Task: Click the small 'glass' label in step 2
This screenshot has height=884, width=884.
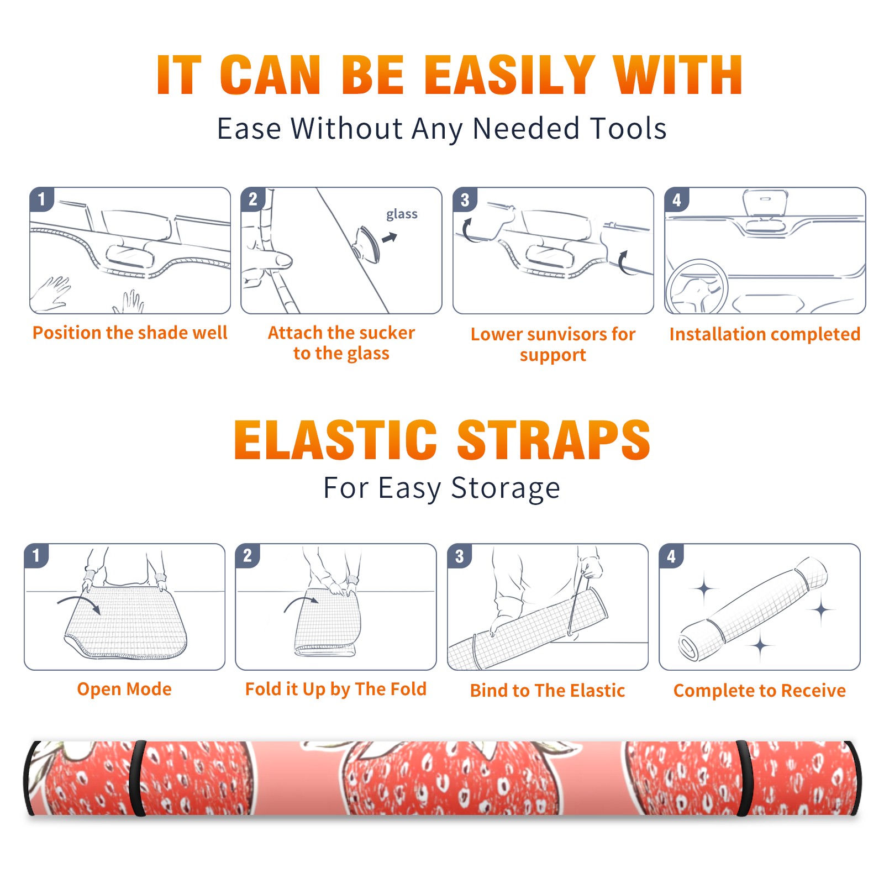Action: click(402, 214)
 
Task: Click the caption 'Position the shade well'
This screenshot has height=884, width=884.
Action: click(130, 333)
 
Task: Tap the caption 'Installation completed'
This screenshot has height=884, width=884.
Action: click(765, 334)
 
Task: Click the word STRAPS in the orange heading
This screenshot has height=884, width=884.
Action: click(554, 440)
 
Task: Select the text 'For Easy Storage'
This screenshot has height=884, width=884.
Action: click(441, 488)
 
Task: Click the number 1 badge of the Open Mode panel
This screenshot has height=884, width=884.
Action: click(36, 555)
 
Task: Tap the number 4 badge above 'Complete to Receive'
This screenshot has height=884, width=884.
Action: click(671, 556)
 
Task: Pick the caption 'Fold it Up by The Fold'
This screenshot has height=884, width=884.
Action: click(336, 689)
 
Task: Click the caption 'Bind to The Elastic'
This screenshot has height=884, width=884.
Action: click(548, 691)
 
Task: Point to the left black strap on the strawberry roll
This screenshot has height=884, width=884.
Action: click(138, 778)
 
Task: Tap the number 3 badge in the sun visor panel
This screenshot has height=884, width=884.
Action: click(465, 200)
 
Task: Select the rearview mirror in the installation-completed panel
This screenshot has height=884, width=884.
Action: click(765, 202)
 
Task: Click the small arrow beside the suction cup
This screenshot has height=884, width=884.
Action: click(390, 238)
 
